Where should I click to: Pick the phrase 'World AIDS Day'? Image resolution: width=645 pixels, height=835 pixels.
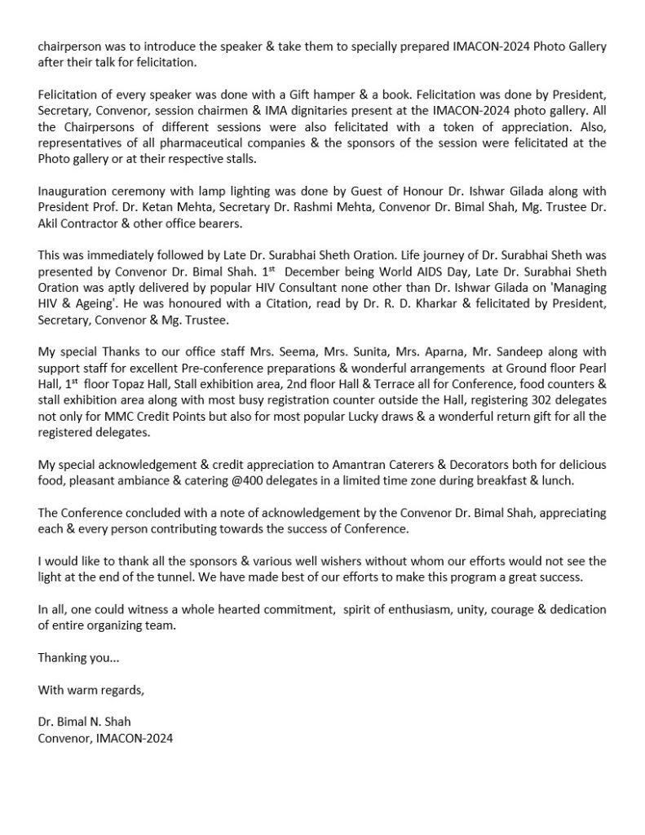(x=383, y=268)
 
